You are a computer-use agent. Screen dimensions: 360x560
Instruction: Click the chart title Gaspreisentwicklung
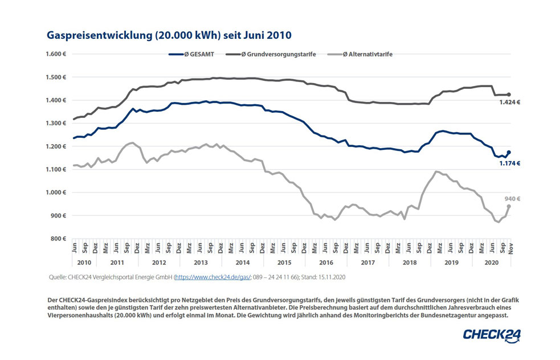[x=169, y=35]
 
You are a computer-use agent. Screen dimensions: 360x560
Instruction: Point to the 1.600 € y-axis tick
[x=56, y=54]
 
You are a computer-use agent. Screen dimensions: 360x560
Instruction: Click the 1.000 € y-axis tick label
[x=56, y=193]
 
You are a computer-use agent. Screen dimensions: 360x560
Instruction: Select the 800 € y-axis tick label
[x=59, y=239]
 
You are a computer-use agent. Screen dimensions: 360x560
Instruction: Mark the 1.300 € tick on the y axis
[x=56, y=123]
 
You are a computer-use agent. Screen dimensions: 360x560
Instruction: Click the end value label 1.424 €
[x=510, y=103]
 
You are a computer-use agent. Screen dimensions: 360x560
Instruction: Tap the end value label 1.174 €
[x=510, y=163]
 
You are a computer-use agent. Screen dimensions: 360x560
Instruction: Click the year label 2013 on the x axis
[x=200, y=263]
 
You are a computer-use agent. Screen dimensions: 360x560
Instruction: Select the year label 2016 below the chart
[x=326, y=263]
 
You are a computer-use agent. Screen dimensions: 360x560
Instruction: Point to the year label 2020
[x=490, y=263]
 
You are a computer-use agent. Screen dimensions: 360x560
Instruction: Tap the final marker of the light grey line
[x=509, y=206]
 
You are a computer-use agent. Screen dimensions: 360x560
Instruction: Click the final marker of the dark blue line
[x=509, y=152]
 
